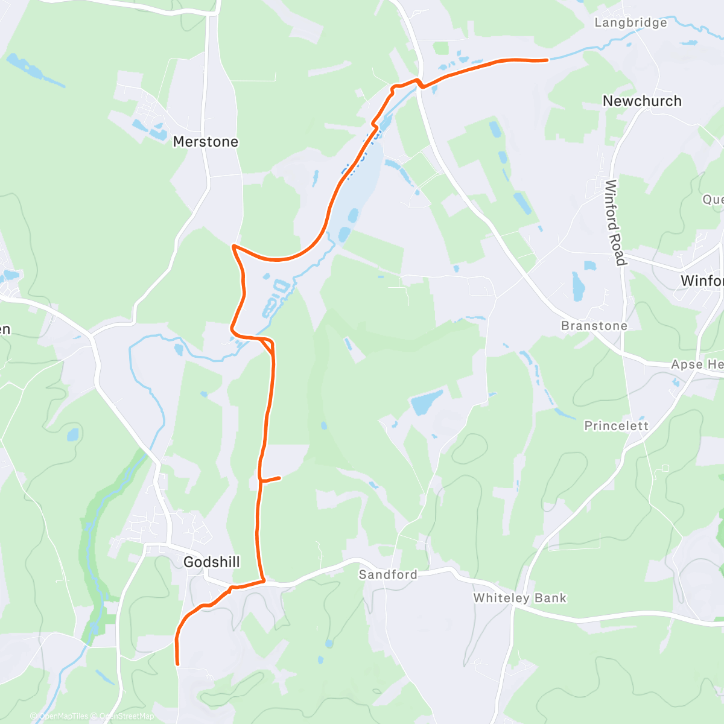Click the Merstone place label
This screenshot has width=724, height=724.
(205, 142)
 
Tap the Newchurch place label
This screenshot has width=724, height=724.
(642, 101)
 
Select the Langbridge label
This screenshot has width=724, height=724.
(630, 23)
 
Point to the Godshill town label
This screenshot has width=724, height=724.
(211, 562)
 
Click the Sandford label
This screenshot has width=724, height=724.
(388, 574)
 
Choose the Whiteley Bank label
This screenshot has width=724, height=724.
(519, 598)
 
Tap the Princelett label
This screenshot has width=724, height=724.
(616, 426)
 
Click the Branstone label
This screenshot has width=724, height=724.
(594, 326)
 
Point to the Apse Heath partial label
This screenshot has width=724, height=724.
(697, 364)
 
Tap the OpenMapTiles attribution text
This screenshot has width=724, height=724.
(63, 716)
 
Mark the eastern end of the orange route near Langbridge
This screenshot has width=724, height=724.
(547, 60)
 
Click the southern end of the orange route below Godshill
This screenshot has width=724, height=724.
(177, 664)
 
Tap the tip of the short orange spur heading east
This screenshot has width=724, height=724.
(279, 478)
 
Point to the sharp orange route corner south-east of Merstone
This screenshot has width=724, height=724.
(233, 246)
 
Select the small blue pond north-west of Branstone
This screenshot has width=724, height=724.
(577, 287)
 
